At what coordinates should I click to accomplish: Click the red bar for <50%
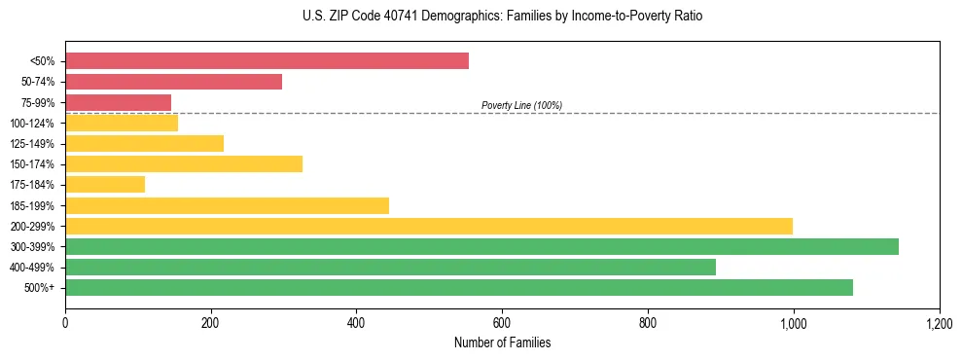click(267, 61)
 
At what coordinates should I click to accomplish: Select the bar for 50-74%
click(173, 82)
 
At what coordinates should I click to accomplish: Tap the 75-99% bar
click(118, 102)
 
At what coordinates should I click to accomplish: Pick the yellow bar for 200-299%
click(428, 226)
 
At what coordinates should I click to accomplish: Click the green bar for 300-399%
click(481, 246)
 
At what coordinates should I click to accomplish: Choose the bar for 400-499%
click(390, 267)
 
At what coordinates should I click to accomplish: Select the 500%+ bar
click(458, 287)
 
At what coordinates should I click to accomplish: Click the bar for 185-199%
click(227, 205)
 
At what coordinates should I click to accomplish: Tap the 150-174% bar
click(184, 163)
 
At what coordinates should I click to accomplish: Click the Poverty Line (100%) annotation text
click(521, 105)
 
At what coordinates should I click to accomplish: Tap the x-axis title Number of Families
click(502, 343)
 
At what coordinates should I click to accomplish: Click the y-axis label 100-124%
click(32, 124)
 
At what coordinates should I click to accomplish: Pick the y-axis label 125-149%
click(32, 144)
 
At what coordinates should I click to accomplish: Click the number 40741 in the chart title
click(421, 17)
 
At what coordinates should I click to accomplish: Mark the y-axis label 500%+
click(39, 288)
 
